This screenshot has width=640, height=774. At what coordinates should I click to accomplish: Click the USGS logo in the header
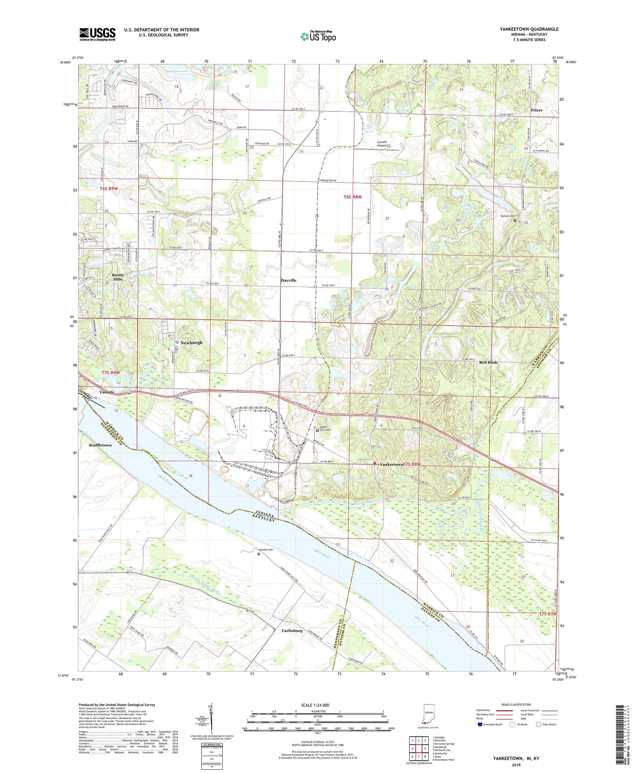pos(97,34)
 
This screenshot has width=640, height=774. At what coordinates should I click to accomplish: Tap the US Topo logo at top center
pos(318,37)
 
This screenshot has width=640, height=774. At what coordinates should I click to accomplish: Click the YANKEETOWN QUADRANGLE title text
pos(529,29)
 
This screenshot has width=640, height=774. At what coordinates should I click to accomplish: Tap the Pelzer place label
pos(536,110)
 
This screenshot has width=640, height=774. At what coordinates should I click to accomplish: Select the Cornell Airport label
pos(381,144)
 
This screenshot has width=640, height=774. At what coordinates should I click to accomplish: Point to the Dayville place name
pos(288,280)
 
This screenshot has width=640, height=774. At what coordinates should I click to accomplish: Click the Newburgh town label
pos(191,343)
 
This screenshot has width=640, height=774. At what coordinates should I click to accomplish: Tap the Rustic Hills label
pos(118,277)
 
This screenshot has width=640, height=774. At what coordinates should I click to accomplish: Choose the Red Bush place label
pos(488,362)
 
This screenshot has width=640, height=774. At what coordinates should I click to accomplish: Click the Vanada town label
pos(106,392)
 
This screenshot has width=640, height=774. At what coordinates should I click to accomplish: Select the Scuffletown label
pos(100,445)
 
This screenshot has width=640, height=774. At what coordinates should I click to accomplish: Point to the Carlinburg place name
pos(292,631)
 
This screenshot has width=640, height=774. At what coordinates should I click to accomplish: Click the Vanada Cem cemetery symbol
pos(258,554)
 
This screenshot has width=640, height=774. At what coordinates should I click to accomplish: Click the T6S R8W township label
pos(352,197)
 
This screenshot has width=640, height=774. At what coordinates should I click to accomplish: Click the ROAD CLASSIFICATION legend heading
pos(516,704)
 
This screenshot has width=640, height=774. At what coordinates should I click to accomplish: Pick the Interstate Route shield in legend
pos(479,724)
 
